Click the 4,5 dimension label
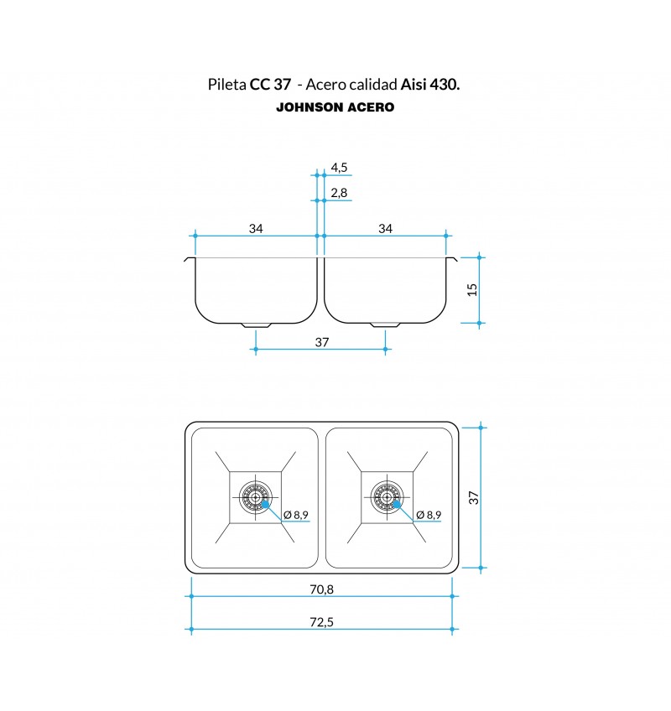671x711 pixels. tap(339, 168)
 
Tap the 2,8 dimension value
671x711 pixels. tap(339, 193)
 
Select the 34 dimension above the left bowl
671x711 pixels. tap(256, 229)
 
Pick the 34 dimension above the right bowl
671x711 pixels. tap(385, 229)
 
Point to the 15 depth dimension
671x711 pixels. tap(472, 290)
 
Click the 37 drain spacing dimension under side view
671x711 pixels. tap(322, 342)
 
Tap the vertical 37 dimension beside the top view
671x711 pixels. tap(474, 497)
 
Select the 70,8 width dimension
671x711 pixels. tap(322, 589)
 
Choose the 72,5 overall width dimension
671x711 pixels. tap(322, 621)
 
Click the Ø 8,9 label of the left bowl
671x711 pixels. tap(296, 515)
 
